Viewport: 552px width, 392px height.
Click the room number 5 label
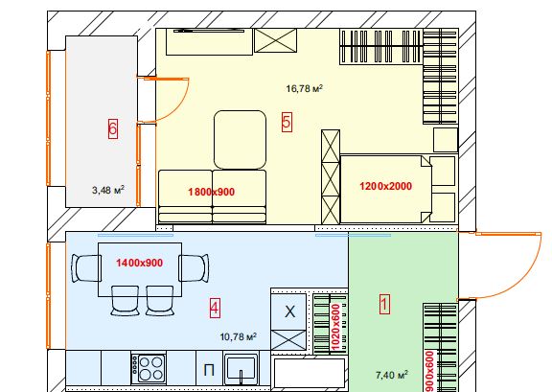(x=287, y=123)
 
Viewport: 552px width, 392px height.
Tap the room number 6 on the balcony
(x=113, y=128)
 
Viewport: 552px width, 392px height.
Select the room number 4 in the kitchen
(x=215, y=309)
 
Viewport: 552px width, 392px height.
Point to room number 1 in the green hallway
(x=384, y=304)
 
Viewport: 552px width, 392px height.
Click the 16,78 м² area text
(x=304, y=88)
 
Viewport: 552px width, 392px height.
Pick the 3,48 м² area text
(x=108, y=190)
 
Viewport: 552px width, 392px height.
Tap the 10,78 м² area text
(x=238, y=336)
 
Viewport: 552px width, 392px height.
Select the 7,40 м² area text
(x=391, y=375)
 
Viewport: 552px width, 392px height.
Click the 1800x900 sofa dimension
(x=211, y=192)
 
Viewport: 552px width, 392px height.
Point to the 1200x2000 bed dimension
(x=385, y=186)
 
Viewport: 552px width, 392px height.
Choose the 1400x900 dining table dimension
(x=139, y=263)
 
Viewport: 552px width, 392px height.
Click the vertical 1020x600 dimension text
(x=335, y=328)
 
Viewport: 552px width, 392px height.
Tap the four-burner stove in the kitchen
(x=149, y=369)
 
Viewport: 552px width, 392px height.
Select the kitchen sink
(x=241, y=370)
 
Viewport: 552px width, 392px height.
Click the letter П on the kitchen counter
(x=209, y=371)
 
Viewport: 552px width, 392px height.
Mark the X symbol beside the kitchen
(x=289, y=311)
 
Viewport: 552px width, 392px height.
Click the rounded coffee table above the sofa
(x=240, y=140)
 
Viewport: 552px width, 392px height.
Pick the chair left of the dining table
(x=86, y=268)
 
